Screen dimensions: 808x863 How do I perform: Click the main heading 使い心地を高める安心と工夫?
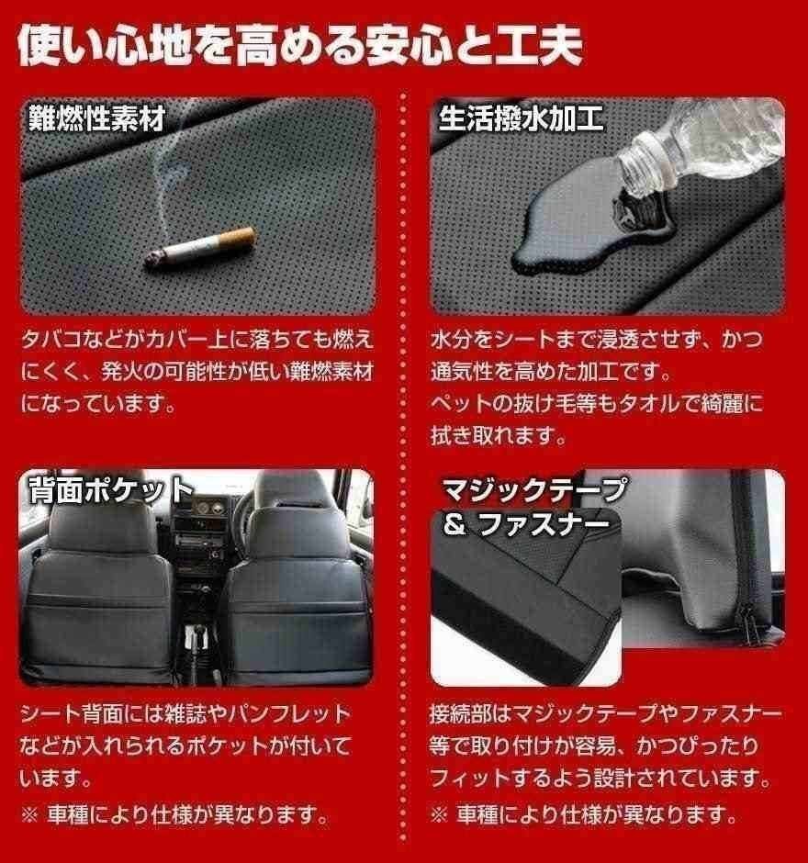300,45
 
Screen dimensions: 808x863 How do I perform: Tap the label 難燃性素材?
97,118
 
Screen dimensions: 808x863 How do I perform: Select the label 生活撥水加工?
521,118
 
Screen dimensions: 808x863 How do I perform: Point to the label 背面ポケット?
110,488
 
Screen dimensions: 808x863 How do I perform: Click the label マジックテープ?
533,488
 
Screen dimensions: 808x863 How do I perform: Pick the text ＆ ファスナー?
526,524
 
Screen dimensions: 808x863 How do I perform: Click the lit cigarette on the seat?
200,248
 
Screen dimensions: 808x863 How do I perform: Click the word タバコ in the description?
51,340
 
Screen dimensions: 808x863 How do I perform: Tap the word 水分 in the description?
452,340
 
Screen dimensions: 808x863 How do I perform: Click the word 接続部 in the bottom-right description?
461,714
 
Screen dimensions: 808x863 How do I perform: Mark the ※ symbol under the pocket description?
29,815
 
